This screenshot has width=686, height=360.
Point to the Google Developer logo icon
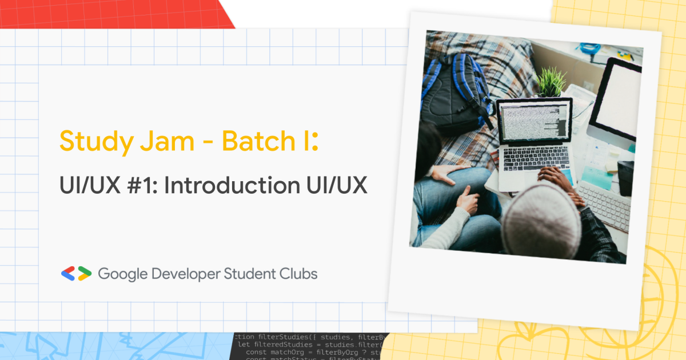[76, 274]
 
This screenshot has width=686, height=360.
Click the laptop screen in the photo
[533, 121]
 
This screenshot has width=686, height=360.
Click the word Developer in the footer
[185, 274]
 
